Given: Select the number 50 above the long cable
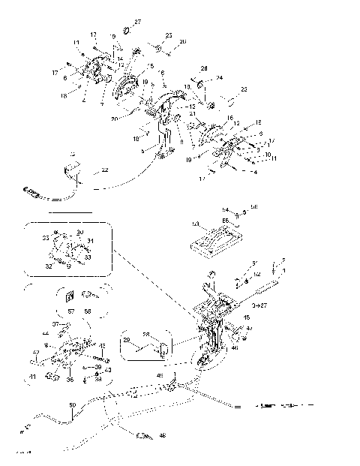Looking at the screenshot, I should (72, 406).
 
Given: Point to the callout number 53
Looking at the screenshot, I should (195, 224).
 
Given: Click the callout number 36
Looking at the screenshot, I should (70, 380).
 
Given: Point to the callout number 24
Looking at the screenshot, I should (220, 78).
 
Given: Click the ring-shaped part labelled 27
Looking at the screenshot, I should (126, 30).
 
